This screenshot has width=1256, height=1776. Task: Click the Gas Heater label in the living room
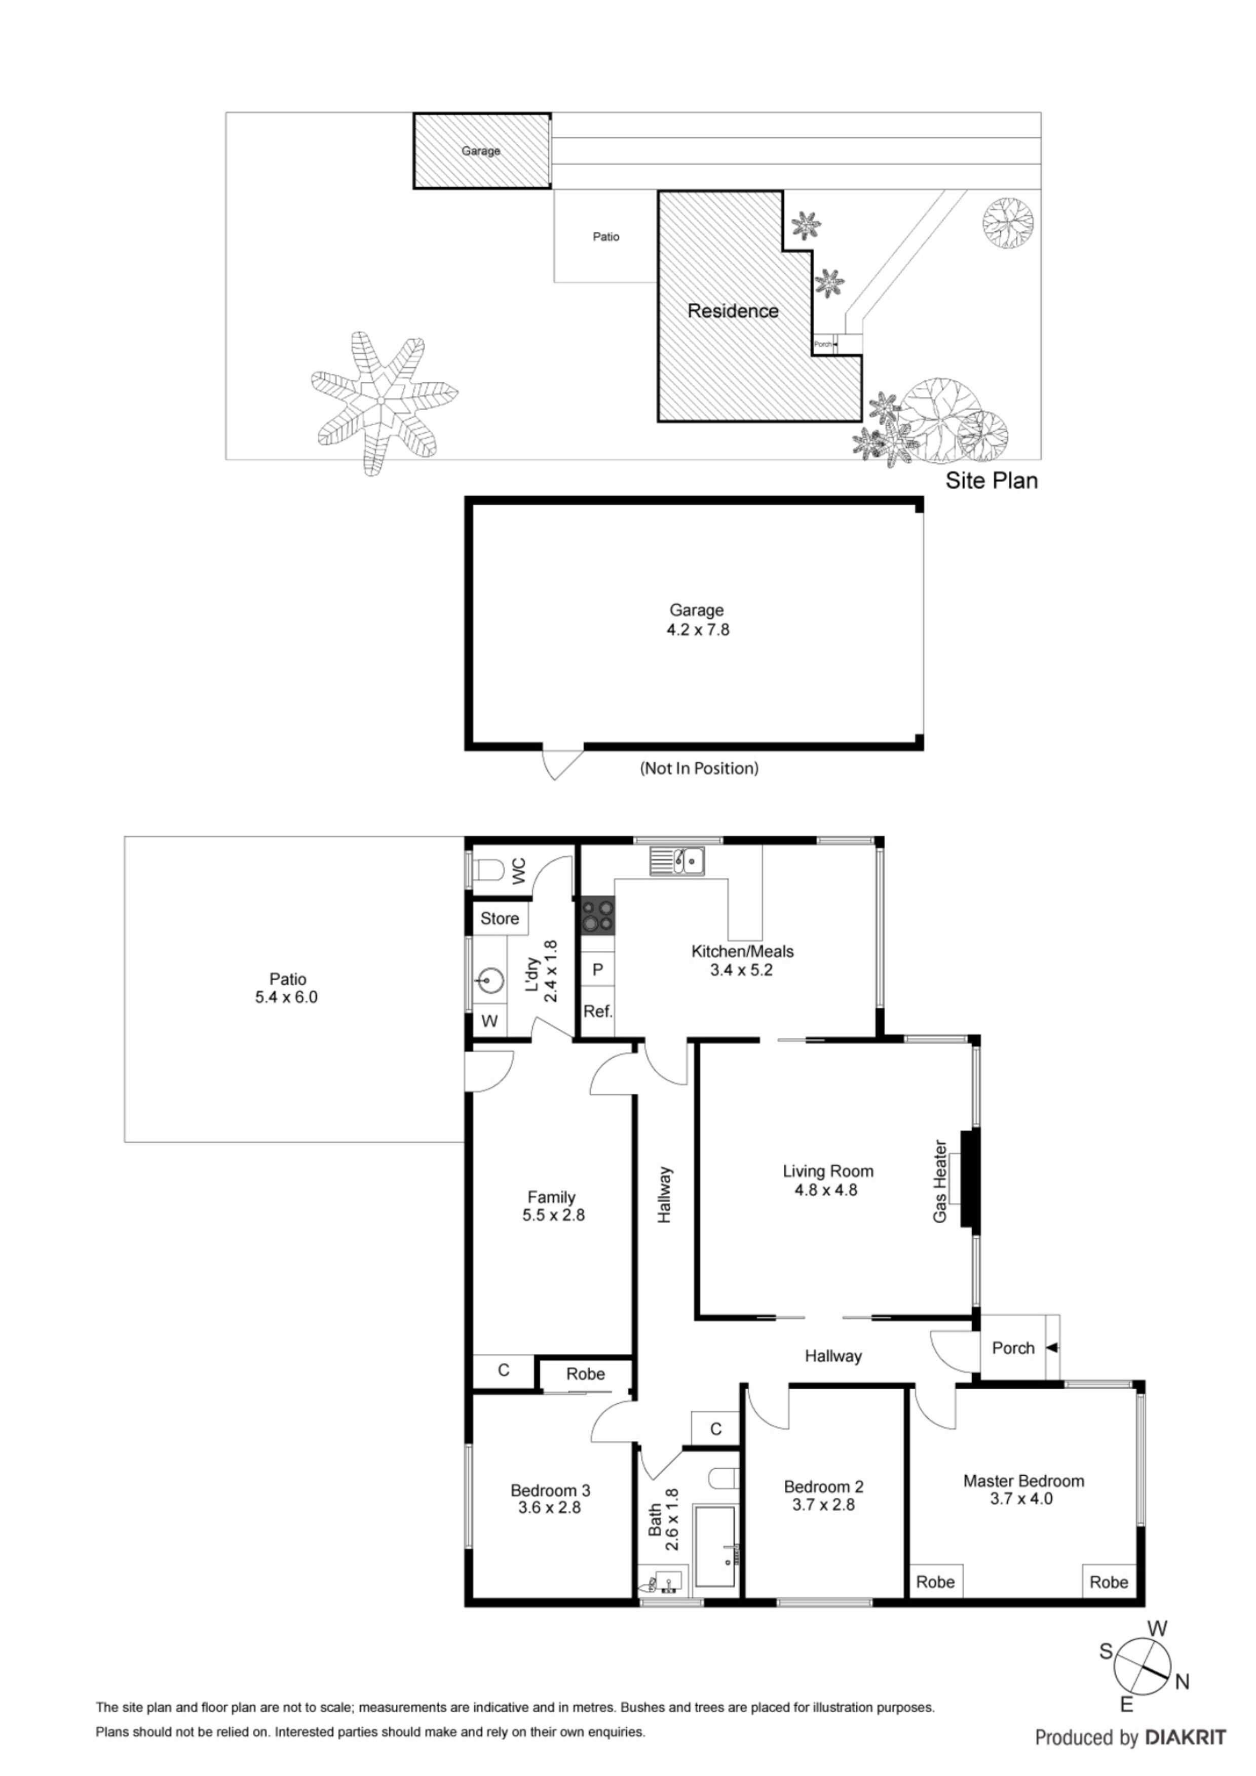(x=939, y=1181)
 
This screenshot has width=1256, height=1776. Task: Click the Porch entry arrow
(x=1052, y=1348)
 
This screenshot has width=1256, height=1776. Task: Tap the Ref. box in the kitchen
(x=597, y=1011)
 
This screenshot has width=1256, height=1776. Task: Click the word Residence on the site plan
(x=733, y=311)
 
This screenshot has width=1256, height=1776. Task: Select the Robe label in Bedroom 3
(x=585, y=1374)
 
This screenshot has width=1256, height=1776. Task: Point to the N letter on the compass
(x=1182, y=1681)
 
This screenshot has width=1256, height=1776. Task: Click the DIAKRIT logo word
(x=1186, y=1738)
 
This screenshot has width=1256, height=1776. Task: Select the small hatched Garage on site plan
(x=481, y=151)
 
